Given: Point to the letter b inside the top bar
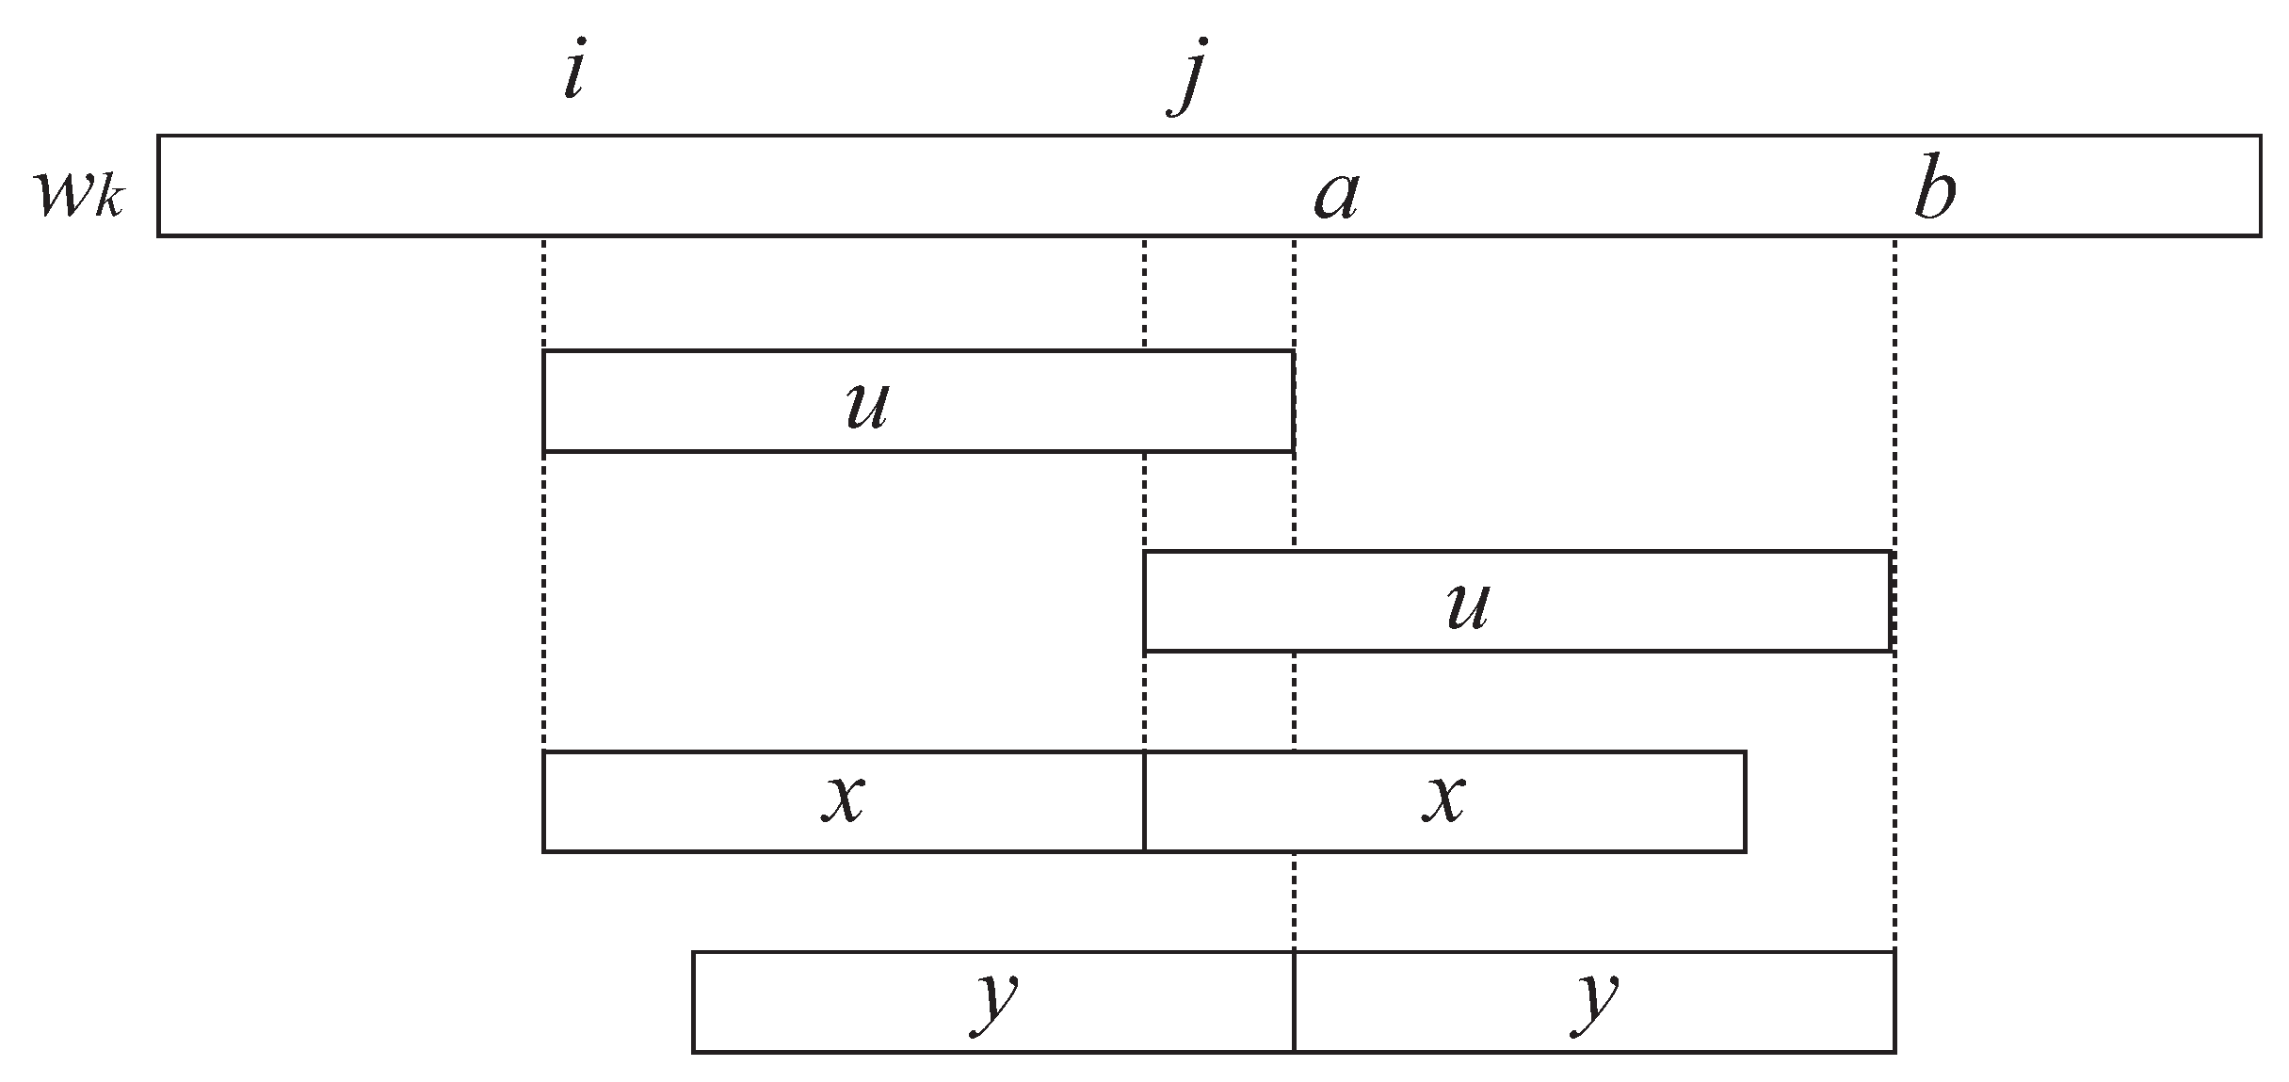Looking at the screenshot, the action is click(1935, 194).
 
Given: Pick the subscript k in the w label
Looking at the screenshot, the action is click(109, 202).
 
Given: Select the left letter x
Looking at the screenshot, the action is click(844, 800).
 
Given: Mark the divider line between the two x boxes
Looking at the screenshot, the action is click(1144, 802).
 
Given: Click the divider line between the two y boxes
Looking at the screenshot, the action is click(1295, 1002).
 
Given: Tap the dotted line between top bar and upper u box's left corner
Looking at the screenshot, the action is click(544, 292).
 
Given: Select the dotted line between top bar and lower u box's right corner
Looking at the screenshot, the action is click(1894, 391).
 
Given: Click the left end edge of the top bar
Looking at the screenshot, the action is click(158, 186).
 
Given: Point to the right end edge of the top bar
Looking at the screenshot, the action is click(2261, 186).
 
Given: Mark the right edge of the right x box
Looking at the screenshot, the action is click(1746, 802).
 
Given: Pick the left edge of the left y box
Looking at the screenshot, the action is click(694, 1002).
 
